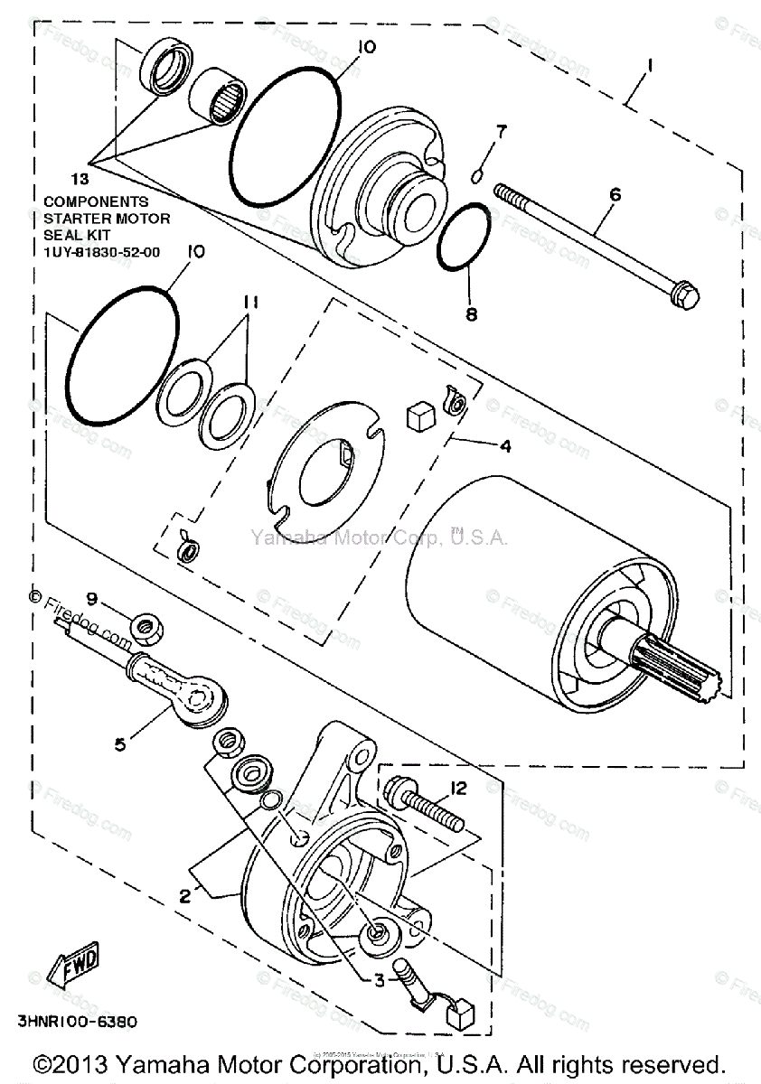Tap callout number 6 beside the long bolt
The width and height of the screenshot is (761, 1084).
(x=615, y=193)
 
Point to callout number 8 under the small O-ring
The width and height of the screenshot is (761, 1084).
(x=471, y=315)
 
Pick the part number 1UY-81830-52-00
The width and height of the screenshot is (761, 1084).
(x=101, y=252)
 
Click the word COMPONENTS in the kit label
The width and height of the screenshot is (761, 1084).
(x=96, y=202)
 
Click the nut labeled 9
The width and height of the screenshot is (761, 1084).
(x=142, y=624)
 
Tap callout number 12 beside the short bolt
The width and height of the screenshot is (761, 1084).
(x=457, y=788)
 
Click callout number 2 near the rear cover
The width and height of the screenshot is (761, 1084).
(x=184, y=896)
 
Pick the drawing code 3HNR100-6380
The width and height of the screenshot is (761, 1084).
(x=77, y=1023)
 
